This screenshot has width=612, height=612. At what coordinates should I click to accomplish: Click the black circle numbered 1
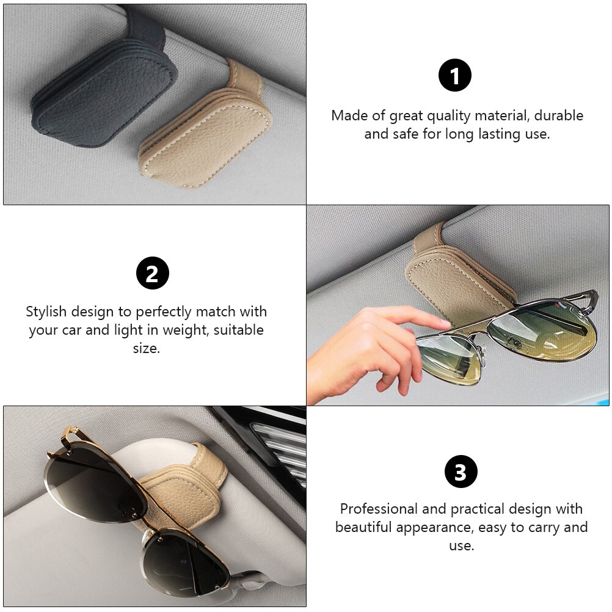pyautogui.click(x=454, y=75)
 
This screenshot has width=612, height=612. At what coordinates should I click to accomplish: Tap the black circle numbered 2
pyautogui.click(x=153, y=273)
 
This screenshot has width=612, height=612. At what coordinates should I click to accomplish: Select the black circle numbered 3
pyautogui.click(x=461, y=472)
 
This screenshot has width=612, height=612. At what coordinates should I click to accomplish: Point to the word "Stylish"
pyautogui.click(x=46, y=312)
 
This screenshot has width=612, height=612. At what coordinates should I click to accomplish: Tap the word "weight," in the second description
pyautogui.click(x=186, y=330)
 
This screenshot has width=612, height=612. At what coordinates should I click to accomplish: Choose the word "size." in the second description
pyautogui.click(x=147, y=348)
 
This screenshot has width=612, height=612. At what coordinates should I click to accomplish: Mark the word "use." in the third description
pyautogui.click(x=461, y=545)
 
